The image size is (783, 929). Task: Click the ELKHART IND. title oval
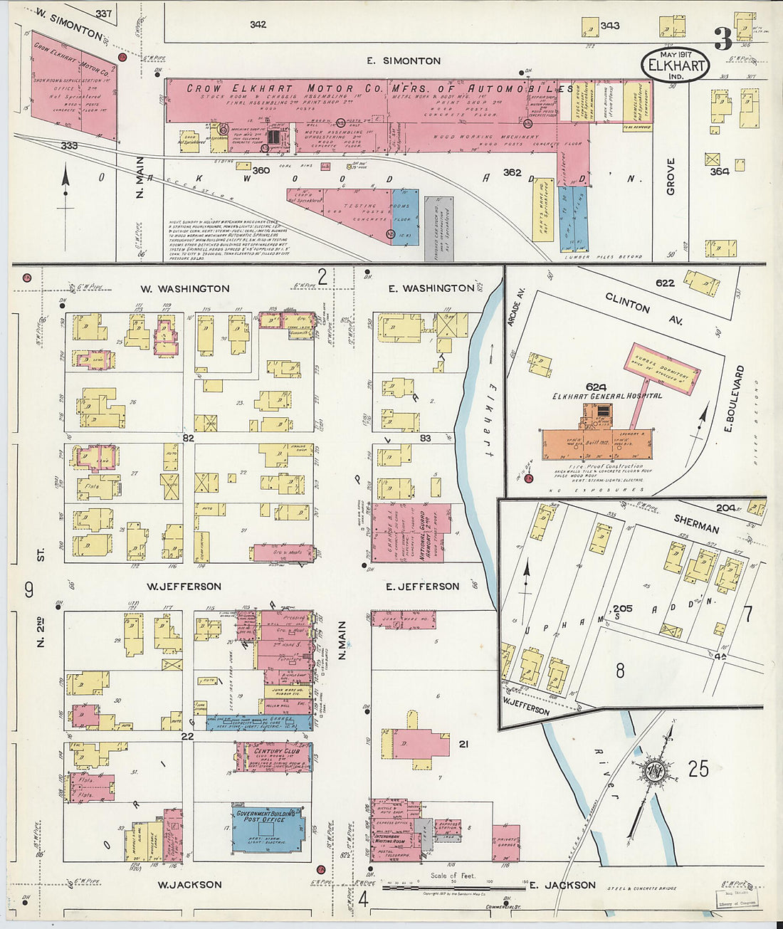click(676, 65)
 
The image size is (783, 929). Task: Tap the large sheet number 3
click(723, 39)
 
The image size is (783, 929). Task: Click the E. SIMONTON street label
click(404, 61)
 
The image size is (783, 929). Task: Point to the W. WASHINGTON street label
click(184, 288)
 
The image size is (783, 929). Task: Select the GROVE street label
click(671, 177)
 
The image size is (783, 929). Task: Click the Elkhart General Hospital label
click(606, 396)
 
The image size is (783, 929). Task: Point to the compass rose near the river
click(651, 771)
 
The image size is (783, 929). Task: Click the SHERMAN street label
click(696, 525)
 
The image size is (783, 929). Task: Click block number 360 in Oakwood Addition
click(261, 170)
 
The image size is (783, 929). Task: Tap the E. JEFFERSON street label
click(422, 586)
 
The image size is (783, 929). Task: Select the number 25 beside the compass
click(698, 768)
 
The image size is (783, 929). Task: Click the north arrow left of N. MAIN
click(65, 187)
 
